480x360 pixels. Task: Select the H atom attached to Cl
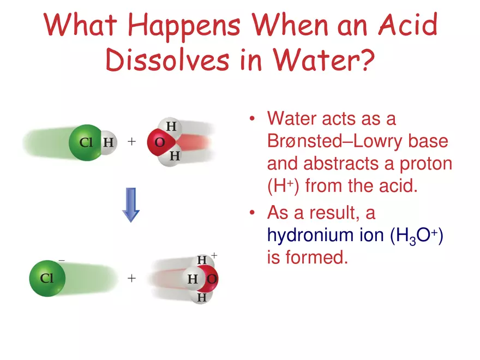pyautogui.click(x=109, y=143)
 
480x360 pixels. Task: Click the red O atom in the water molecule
pyautogui.click(x=159, y=142)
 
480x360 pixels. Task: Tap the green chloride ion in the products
pyautogui.click(x=47, y=278)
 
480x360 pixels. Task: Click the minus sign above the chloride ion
pyautogui.click(x=61, y=261)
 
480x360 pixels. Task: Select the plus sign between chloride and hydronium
pyautogui.click(x=131, y=278)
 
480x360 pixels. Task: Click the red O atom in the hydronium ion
pyautogui.click(x=211, y=279)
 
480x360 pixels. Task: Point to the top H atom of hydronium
pyautogui.click(x=201, y=261)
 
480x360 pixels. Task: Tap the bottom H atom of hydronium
pyautogui.click(x=201, y=297)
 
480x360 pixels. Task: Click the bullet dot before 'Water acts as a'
pyautogui.click(x=251, y=119)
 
